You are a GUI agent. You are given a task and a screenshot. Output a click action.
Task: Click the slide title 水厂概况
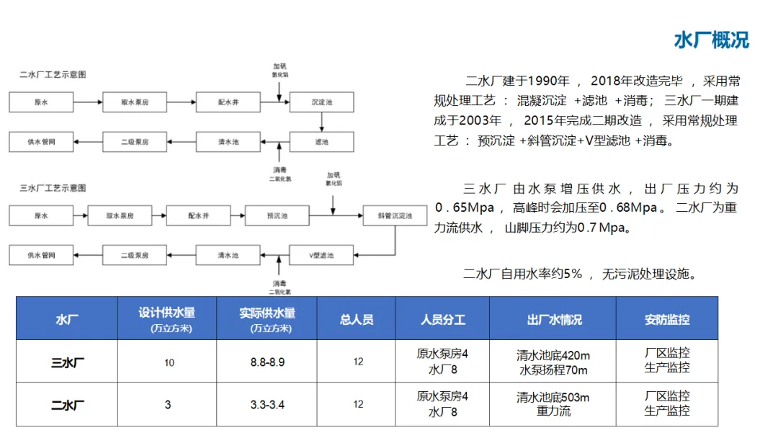coord(711,40)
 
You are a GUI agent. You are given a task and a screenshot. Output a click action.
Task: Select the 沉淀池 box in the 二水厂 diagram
coord(321,103)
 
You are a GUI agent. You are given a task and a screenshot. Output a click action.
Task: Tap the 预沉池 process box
coord(277,215)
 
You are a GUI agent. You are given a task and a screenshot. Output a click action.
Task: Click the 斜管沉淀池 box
coord(395,215)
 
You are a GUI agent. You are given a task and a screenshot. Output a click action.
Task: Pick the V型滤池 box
coord(321,255)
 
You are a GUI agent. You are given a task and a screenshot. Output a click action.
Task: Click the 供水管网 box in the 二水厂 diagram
coord(41,143)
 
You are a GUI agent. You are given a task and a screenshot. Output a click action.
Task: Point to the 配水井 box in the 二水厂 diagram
coord(228,103)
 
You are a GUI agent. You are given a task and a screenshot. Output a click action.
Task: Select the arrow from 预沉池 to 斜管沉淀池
coord(335,215)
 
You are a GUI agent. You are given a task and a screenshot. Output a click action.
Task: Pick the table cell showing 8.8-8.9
coord(267,362)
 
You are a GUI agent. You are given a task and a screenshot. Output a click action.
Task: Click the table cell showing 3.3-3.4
coord(267,404)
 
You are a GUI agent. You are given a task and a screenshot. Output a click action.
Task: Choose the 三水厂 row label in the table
coord(67,362)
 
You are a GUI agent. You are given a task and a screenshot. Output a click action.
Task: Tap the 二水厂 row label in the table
coord(67,404)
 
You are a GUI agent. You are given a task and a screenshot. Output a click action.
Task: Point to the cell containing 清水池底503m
coord(553,404)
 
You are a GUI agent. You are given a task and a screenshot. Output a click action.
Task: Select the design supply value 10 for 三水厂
coord(169,362)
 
